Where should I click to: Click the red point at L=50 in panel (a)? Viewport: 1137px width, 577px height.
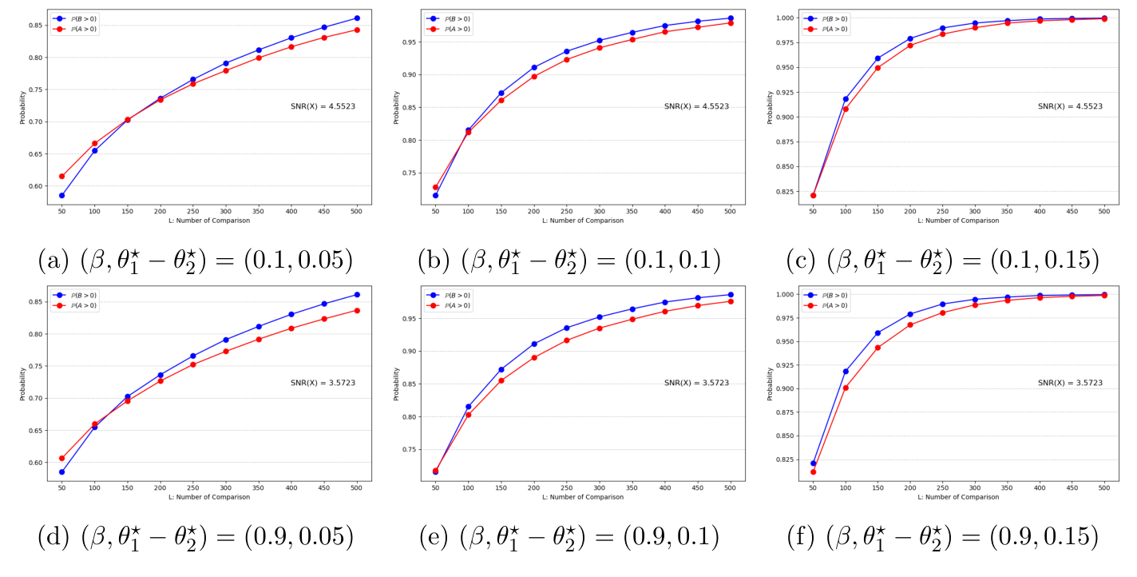[x=61, y=176]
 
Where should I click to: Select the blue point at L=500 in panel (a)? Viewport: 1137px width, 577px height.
[x=357, y=18]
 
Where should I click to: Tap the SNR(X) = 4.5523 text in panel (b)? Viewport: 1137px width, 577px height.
[x=696, y=106]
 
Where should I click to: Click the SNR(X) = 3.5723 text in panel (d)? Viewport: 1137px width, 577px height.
[x=323, y=383]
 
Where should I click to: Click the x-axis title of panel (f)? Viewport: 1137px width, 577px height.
[x=957, y=497]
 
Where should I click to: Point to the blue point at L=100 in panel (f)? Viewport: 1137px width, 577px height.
[x=846, y=371]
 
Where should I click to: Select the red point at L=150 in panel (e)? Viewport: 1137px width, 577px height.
[x=501, y=380]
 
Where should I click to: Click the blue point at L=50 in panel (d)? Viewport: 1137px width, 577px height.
[x=61, y=472]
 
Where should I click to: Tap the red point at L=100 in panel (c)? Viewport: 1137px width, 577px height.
[x=846, y=109]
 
